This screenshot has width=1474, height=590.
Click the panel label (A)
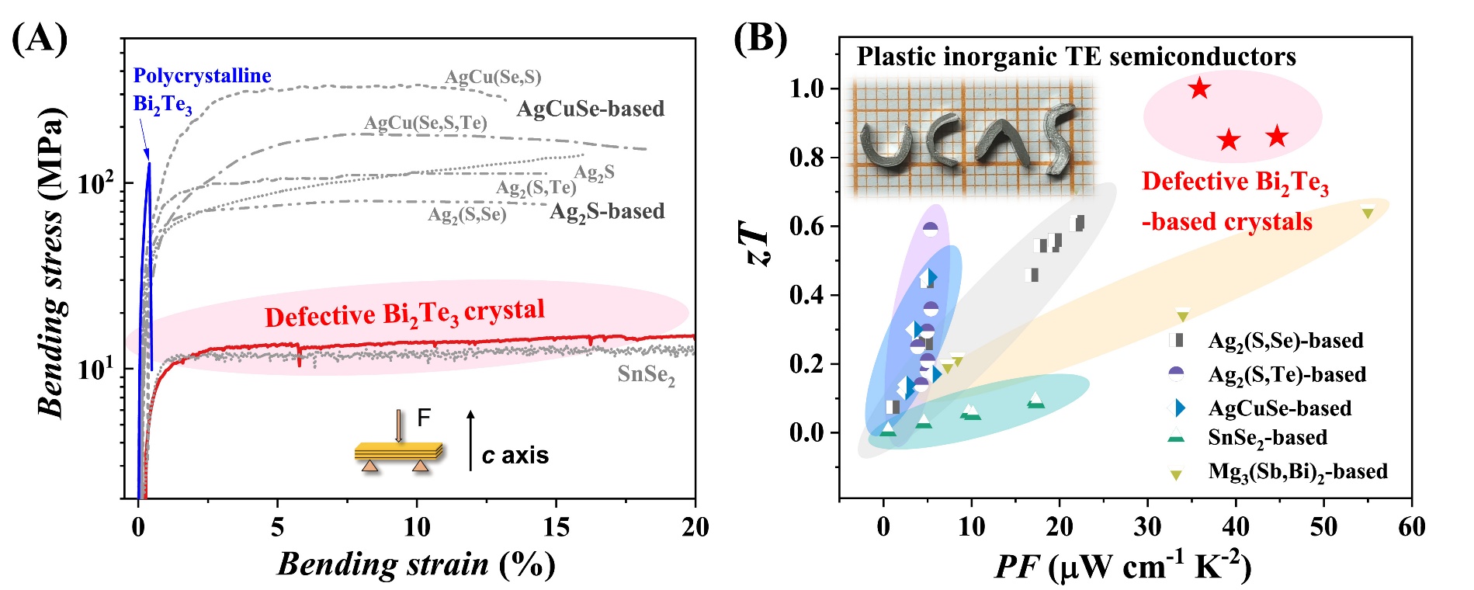pyautogui.click(x=40, y=38)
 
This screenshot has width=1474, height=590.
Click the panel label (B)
pyautogui.click(x=760, y=38)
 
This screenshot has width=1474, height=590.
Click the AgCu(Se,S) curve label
pyautogui.click(x=493, y=77)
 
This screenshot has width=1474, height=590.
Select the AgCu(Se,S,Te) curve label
pyautogui.click(x=425, y=123)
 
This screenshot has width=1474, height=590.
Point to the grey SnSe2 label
pyautogui.click(x=646, y=375)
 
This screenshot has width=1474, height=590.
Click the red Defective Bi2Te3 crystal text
pyautogui.click(x=404, y=314)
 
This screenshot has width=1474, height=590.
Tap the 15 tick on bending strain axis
pyautogui.click(x=556, y=527)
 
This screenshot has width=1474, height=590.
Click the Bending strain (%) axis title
pyautogui.click(x=416, y=564)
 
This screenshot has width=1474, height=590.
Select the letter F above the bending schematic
pyautogui.click(x=424, y=418)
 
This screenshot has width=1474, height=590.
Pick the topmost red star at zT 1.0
pyautogui.click(x=1200, y=88)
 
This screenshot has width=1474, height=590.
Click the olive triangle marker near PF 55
pyautogui.click(x=1368, y=212)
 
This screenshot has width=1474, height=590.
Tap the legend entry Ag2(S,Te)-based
pyautogui.click(x=1286, y=374)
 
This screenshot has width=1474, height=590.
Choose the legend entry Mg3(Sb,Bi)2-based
pyautogui.click(x=1297, y=471)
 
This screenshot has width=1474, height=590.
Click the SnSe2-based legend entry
pyautogui.click(x=1267, y=438)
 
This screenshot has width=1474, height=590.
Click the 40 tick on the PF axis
pyautogui.click(x=1236, y=527)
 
